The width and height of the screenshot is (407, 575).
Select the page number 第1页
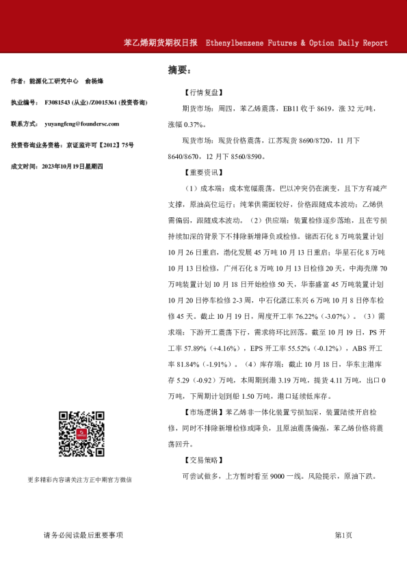[x=343, y=535]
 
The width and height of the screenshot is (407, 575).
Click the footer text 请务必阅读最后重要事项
[x=83, y=535]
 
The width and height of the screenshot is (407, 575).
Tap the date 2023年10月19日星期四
[x=73, y=166]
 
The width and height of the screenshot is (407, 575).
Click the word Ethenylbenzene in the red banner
[x=234, y=42]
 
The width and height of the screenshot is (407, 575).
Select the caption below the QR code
[x=80, y=479]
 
